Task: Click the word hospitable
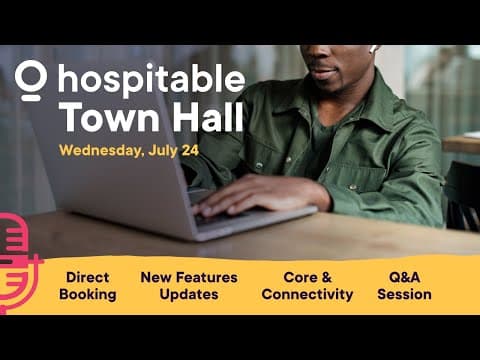(151, 80)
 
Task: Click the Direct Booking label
(87, 285)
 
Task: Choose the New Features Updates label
(189, 285)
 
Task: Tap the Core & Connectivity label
(307, 285)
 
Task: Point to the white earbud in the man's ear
(373, 48)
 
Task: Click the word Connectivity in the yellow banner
(307, 294)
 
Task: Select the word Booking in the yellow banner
(87, 294)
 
